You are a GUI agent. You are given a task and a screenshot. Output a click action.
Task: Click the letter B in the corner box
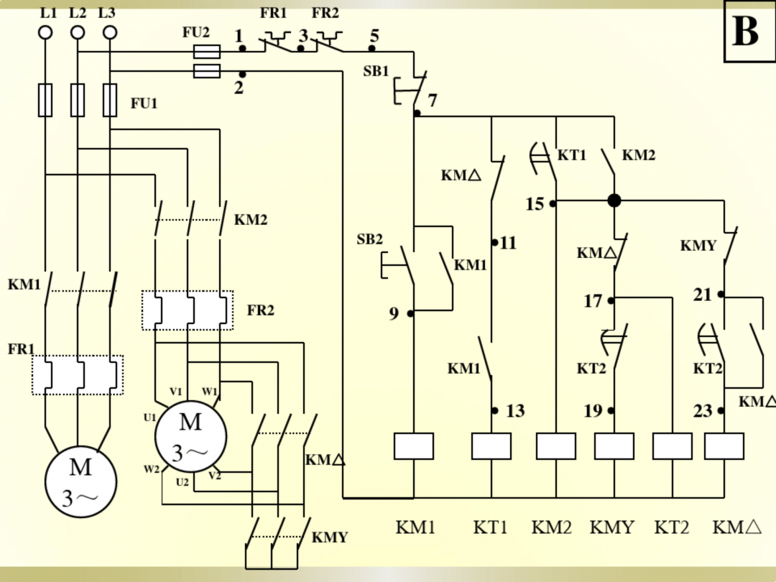tap(745, 32)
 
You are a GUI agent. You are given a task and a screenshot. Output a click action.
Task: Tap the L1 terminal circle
tap(45, 32)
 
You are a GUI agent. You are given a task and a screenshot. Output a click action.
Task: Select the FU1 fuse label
tap(144, 103)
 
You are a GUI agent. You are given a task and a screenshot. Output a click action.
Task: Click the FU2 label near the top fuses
tap(196, 32)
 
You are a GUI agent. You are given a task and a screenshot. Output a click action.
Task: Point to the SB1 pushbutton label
tap(376, 72)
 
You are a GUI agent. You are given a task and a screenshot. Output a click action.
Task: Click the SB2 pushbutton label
tap(370, 240)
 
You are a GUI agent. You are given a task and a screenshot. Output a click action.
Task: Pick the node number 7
tap(433, 101)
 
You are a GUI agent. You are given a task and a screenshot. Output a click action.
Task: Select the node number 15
tap(535, 204)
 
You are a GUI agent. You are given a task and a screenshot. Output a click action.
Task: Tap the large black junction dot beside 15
tap(614, 200)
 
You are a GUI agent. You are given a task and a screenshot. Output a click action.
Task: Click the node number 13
tap(515, 411)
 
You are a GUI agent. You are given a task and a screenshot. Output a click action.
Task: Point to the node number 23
tap(703, 411)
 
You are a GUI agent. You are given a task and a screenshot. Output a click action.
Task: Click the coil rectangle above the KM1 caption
tap(414, 446)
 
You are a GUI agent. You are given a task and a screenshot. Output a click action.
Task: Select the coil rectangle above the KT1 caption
tap(491, 446)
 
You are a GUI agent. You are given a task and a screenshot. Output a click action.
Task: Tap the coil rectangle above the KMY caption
tap(614, 446)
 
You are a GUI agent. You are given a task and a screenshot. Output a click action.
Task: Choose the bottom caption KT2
tap(672, 527)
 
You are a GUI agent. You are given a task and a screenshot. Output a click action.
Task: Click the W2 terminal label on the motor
tap(151, 469)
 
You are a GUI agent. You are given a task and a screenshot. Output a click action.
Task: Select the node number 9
tap(394, 314)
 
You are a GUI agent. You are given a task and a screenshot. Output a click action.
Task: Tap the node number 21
tap(702, 295)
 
